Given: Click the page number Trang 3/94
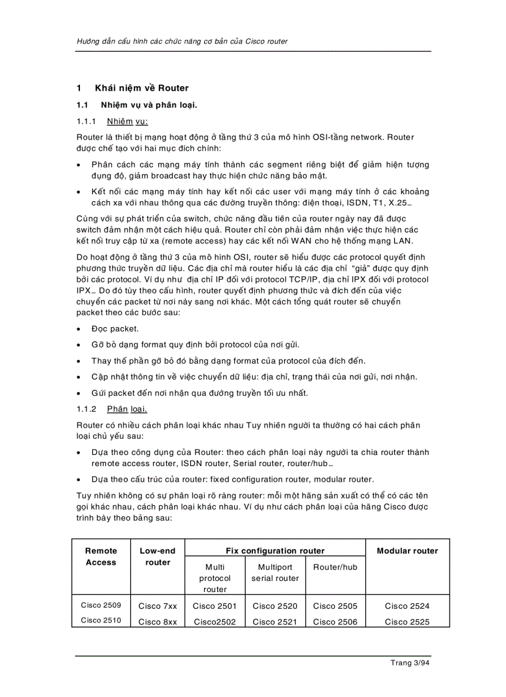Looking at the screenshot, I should coord(410,663).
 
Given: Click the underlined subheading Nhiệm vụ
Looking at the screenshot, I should coord(127,120).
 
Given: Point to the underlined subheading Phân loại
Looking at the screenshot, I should coord(126,408).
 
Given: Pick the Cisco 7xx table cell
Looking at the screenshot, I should coord(158,606).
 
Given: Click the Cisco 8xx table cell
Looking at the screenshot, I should coord(158,621).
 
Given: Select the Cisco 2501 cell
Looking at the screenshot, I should coord(215,606).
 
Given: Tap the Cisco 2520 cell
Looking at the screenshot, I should coord(275,606).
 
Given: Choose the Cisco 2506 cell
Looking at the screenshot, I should coord(335,621).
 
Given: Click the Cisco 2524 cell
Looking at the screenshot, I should coord(407,606).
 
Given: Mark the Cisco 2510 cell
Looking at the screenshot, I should coord(100,620).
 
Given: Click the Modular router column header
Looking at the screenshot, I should coord(407,551).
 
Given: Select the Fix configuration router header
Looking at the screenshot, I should coord(275,551).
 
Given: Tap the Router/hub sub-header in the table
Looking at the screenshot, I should coord(335,567).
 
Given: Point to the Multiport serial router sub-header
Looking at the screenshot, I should coord(275,572).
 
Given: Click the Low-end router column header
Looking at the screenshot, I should coord(158,556).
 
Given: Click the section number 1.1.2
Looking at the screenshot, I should coord(87,408).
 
